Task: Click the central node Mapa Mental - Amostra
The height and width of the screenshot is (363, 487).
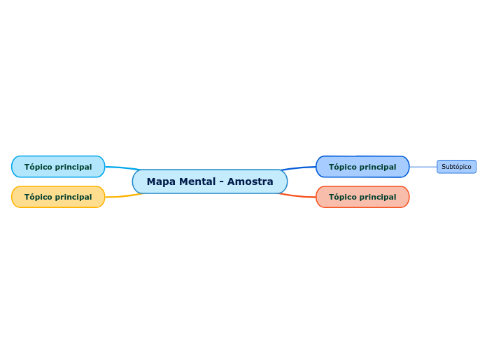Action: pyautogui.click(x=210, y=181)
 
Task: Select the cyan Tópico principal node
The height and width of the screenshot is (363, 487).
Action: pyautogui.click(x=58, y=167)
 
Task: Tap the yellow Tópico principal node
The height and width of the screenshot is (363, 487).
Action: pyautogui.click(x=58, y=197)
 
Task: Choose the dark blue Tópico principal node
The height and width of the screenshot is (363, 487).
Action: pyautogui.click(x=362, y=167)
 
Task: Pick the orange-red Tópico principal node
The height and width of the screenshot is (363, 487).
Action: pyautogui.click(x=362, y=197)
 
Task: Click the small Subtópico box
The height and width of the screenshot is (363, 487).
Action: pyautogui.click(x=456, y=167)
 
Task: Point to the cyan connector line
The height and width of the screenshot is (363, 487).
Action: pyautogui.click(x=120, y=168)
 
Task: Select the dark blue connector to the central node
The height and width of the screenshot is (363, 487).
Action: pyautogui.click(x=299, y=168)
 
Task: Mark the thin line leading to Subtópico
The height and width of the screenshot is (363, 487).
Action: pyautogui.click(x=423, y=167)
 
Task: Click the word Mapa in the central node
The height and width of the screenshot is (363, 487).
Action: pyautogui.click(x=161, y=181)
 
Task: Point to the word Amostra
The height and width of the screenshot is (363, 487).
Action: pyautogui.click(x=250, y=181)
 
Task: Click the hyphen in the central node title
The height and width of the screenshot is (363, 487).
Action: pyautogui.click(x=222, y=181)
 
